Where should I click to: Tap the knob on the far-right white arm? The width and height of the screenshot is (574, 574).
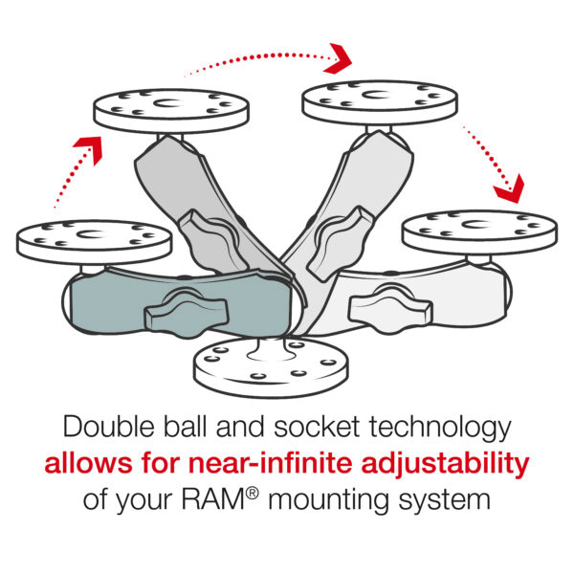click(383, 307)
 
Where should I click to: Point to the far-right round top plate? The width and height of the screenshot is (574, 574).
click(478, 232)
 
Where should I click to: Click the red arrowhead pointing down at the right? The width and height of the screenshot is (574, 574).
click(510, 187)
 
